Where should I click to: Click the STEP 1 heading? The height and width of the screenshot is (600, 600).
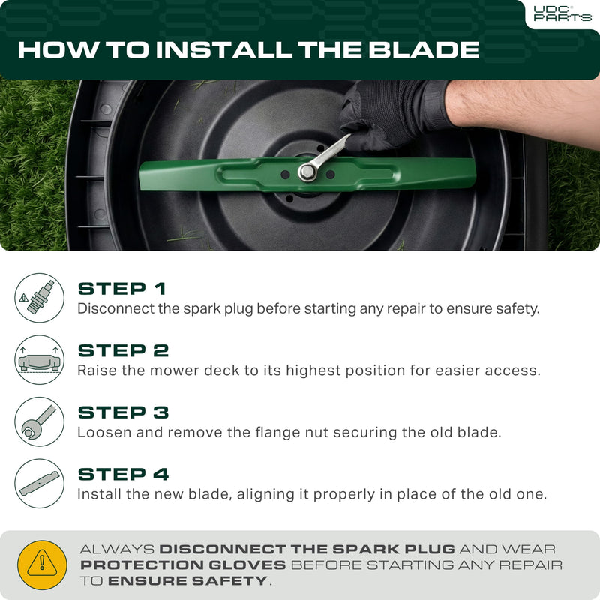click(122, 289)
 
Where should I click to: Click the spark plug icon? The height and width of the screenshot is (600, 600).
click(39, 298)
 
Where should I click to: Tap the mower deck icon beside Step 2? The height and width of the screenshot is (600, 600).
click(39, 360)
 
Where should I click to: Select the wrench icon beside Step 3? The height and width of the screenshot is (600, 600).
click(39, 422)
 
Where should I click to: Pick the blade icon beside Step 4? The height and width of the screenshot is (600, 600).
click(39, 484)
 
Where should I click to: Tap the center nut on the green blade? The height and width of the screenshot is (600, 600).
click(307, 172)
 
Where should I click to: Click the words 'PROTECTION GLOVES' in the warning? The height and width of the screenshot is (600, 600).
click(183, 565)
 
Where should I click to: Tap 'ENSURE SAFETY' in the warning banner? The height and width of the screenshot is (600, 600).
click(187, 581)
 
